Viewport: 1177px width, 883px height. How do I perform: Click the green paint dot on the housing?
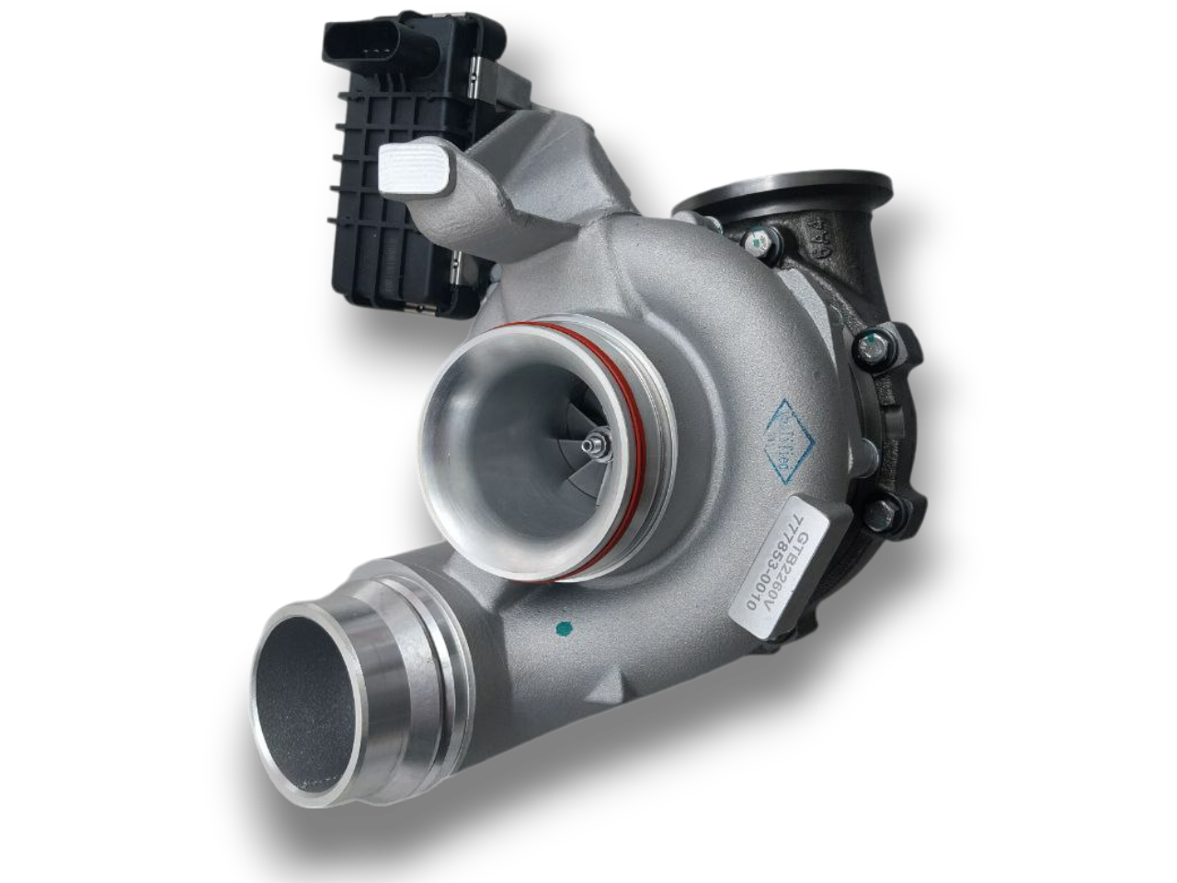(x=564, y=631)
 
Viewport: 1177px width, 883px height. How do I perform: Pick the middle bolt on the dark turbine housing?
(x=868, y=348)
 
